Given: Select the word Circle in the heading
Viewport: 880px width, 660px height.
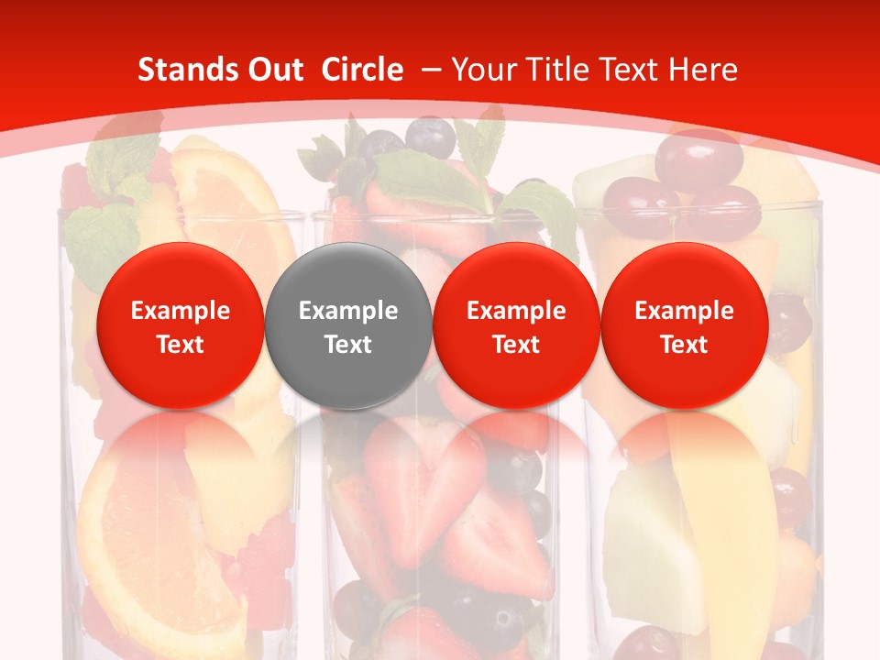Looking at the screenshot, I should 362,70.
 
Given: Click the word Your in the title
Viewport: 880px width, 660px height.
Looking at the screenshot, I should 483,70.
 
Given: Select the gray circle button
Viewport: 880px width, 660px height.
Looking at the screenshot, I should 348,325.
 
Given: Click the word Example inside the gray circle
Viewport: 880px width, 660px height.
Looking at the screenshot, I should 348,311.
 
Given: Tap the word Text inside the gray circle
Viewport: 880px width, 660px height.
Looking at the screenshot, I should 348,345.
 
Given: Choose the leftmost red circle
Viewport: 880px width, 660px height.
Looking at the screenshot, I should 180,325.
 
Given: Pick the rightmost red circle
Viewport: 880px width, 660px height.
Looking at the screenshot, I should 684,325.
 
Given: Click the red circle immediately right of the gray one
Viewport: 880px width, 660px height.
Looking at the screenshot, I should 516,325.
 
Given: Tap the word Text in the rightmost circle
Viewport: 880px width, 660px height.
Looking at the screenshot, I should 684,345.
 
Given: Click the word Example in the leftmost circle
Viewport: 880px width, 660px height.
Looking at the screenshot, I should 180,311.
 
